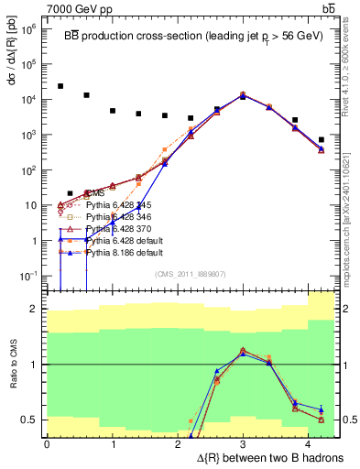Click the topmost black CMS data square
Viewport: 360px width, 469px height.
click(60, 86)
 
